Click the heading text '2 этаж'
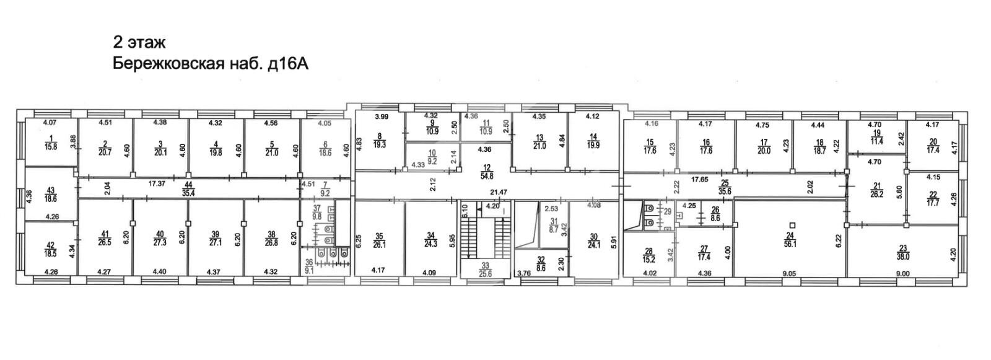[x=139, y=43]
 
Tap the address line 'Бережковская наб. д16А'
[x=211, y=64]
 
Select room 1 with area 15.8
[x=51, y=143]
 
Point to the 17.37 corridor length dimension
[x=157, y=183]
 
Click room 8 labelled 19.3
[x=380, y=141]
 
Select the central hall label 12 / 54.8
[x=487, y=172]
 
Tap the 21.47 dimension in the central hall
[x=499, y=191]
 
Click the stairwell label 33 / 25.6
[x=486, y=270]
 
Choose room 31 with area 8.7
[x=553, y=226]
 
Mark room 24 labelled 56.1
[x=790, y=240]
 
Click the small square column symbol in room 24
[x=792, y=224]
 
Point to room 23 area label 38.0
[x=903, y=252]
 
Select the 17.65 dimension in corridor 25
[x=701, y=179]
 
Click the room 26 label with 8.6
[x=715, y=214]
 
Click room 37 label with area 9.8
[x=317, y=212]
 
